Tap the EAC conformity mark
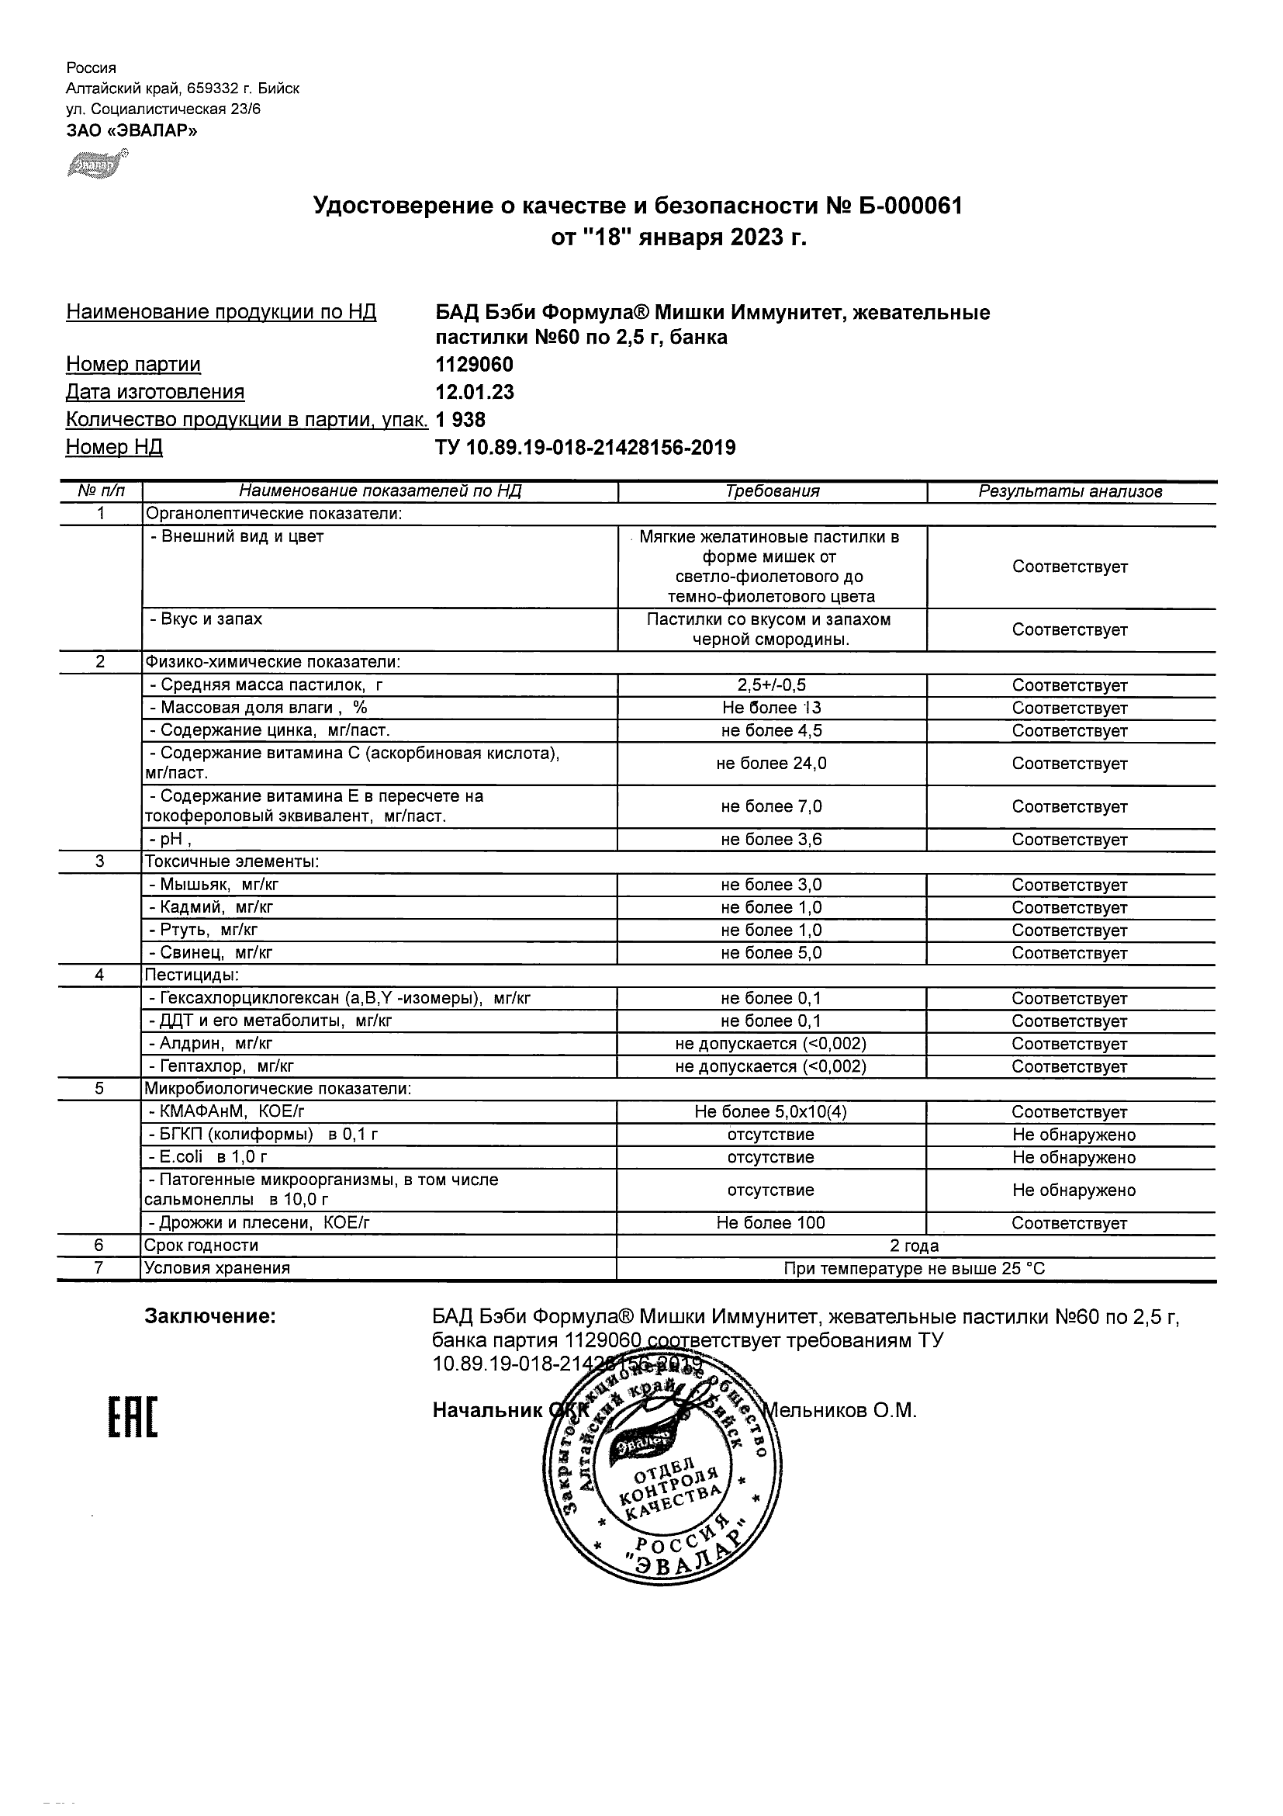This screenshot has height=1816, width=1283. (133, 1417)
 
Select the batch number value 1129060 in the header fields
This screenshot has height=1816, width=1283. (474, 365)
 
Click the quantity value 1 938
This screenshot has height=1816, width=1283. (461, 420)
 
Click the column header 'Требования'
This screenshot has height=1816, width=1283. (772, 491)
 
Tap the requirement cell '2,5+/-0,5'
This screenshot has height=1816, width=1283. (772, 686)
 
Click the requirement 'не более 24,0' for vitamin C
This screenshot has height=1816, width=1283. (772, 764)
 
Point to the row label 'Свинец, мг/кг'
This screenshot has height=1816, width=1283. (211, 953)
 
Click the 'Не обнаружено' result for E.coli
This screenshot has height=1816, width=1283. (1074, 1158)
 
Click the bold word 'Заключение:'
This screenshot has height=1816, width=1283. (210, 1317)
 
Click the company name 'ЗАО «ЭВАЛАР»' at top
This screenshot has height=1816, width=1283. (131, 130)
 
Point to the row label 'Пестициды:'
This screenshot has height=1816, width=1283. (192, 976)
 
